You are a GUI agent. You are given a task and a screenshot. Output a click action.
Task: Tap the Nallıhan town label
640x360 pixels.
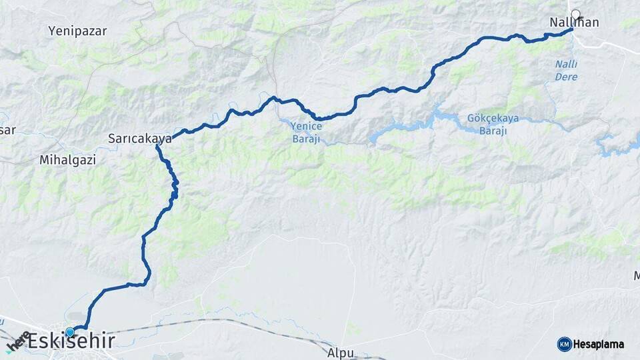coord(573,23)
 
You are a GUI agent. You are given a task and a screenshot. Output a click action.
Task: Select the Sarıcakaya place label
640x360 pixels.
coord(140,139)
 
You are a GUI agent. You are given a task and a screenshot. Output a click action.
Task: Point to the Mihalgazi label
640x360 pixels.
coord(67,160)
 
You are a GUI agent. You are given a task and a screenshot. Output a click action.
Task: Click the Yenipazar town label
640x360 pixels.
coord(77,31)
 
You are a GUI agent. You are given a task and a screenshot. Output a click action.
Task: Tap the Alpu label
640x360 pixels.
coord(341,352)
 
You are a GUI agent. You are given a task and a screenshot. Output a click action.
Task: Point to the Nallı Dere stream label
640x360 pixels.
coord(566,71)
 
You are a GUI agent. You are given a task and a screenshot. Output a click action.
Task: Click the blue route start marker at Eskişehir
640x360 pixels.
coord(69,331)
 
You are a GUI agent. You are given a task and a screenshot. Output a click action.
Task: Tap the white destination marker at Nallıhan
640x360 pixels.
coord(575,13)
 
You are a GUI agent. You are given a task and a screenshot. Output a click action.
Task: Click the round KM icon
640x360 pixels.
coord(564,344)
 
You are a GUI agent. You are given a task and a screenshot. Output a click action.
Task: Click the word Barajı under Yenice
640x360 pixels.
coord(306,139)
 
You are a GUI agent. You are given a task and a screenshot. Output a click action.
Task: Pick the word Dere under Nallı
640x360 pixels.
coord(566,77)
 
